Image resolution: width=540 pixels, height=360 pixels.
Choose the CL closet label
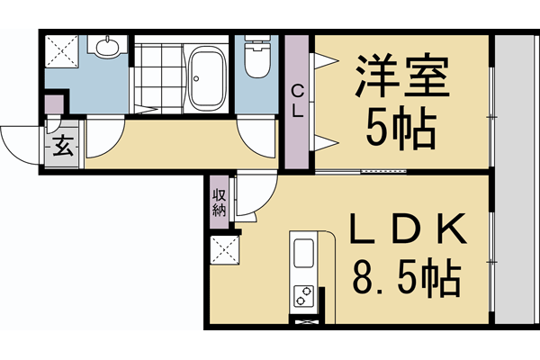(x=296, y=100)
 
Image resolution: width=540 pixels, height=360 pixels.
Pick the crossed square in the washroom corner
(x=62, y=51)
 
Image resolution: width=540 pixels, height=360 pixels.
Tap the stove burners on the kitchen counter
(x=304, y=294)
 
